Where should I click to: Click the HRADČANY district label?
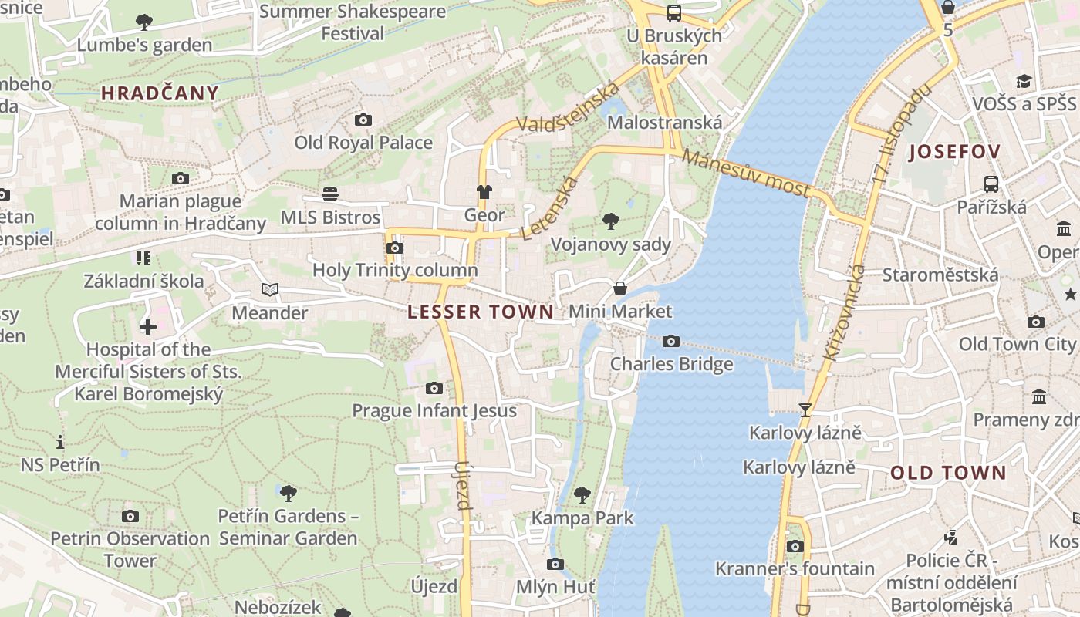coord(160,93)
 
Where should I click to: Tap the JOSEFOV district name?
coord(954,152)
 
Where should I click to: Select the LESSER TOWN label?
coord(481,312)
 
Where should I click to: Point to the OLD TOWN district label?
coord(949,473)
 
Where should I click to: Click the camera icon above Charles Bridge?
coord(671,341)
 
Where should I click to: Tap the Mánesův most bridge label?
coord(746,174)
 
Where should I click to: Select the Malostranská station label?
coord(665,123)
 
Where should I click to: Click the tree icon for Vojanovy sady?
coord(611,222)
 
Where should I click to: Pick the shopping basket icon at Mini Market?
coord(620,289)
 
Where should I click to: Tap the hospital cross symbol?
coord(148,327)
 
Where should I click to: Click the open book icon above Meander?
coord(270,290)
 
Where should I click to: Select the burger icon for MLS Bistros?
coord(330,194)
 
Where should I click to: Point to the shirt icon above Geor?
coord(484,191)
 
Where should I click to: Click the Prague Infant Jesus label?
coord(434,410)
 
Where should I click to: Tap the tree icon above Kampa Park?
coord(583,494)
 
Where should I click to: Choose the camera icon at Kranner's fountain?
coord(795,546)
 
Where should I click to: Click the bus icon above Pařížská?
coord(991,184)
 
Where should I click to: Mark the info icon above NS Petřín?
coord(60,442)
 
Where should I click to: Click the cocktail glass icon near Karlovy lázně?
coord(805,410)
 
